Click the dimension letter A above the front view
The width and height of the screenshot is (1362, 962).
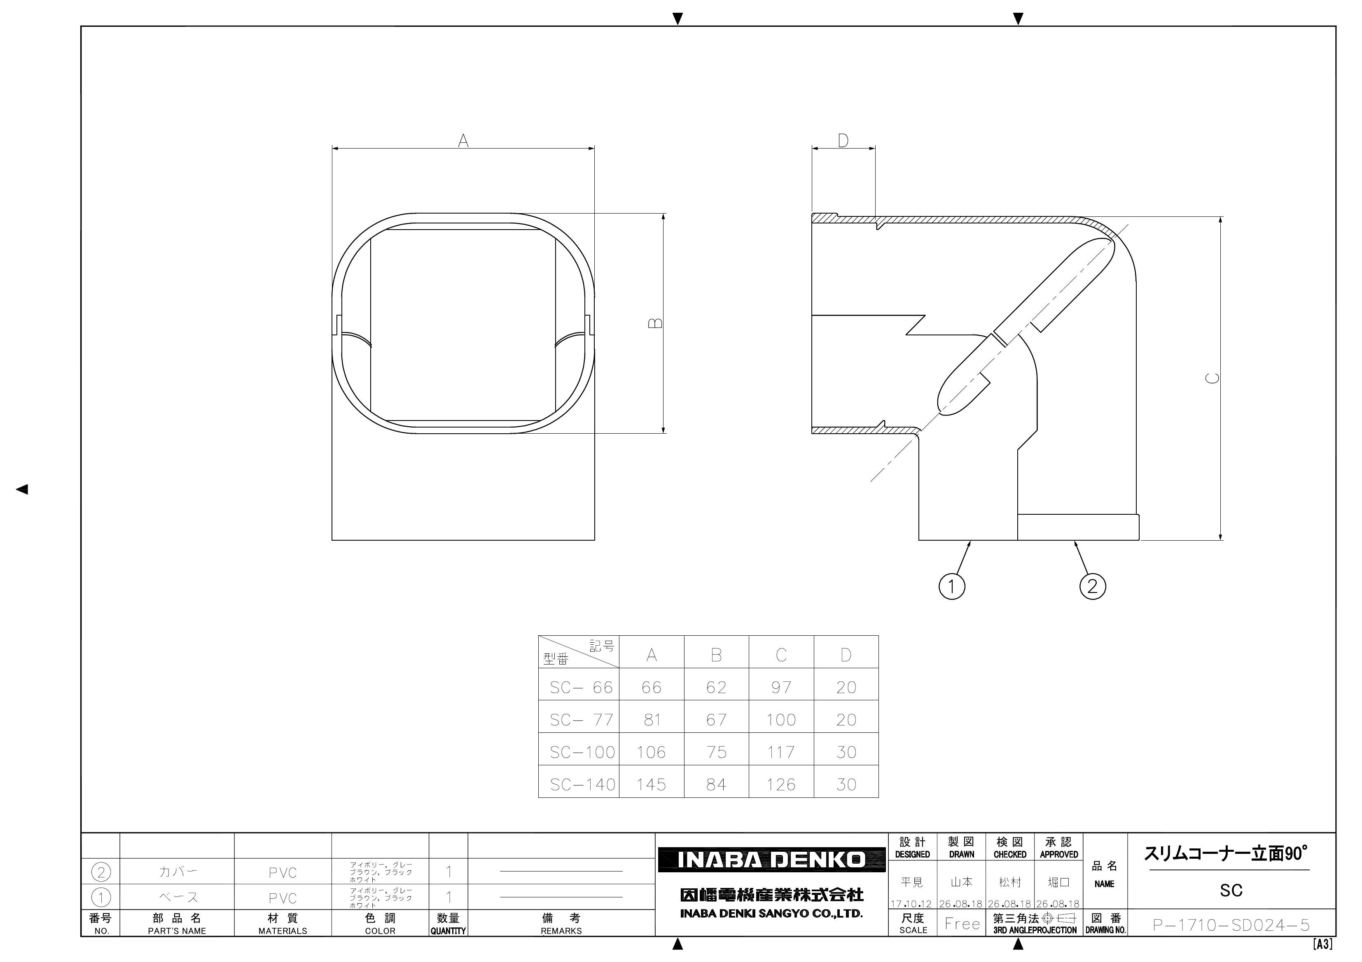[x=463, y=140]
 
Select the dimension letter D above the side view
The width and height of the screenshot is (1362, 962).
[x=843, y=140]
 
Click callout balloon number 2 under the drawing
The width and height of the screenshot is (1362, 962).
[x=1093, y=586]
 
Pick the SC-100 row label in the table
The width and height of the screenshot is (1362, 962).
[x=582, y=752]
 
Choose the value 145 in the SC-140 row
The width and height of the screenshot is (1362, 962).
[x=651, y=785]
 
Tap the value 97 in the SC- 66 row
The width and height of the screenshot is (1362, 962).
[x=781, y=688]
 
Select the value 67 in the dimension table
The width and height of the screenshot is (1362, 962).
[x=716, y=720]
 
